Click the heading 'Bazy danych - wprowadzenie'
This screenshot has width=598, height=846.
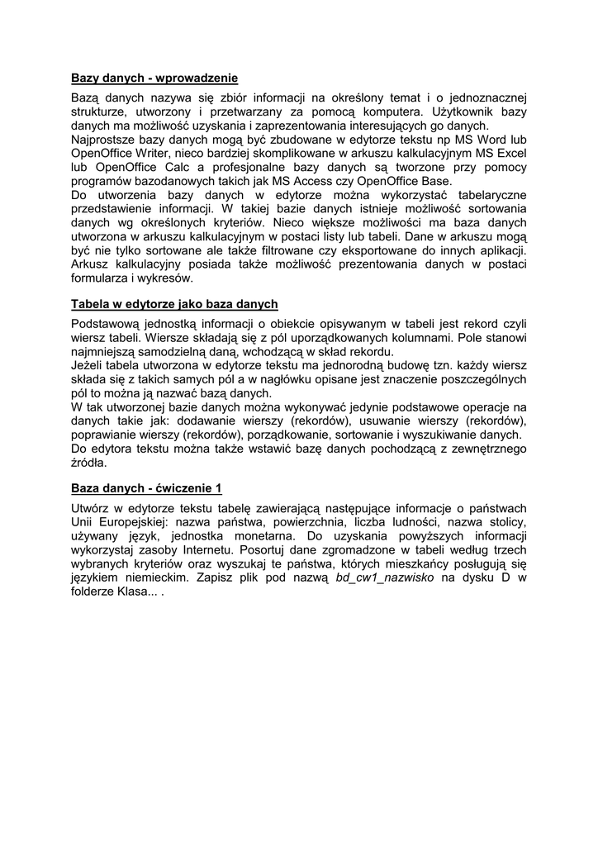coord(154,78)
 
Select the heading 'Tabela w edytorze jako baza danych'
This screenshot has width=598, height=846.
coord(174,304)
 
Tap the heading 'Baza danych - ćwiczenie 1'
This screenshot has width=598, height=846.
coord(146,488)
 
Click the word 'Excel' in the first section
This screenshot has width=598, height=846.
coord(510,154)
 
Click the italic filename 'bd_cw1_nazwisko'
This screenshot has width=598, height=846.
coord(385,578)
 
